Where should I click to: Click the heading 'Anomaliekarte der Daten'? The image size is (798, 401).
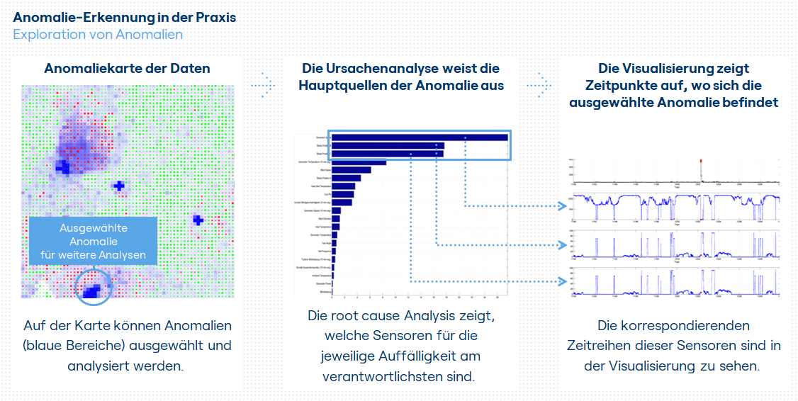pos(127,69)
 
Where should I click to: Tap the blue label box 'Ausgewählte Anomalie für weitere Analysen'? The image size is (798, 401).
pos(93,242)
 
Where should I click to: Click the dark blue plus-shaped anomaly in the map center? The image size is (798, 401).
pos(119,186)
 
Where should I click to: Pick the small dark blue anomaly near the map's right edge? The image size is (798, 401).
pos(198,220)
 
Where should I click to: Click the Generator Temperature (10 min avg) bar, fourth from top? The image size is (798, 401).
pos(359,162)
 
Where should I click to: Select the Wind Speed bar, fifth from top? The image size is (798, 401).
pos(351,170)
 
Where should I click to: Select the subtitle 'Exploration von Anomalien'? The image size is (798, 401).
pos(98,34)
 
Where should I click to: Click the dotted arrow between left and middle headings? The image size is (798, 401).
pos(263,84)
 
